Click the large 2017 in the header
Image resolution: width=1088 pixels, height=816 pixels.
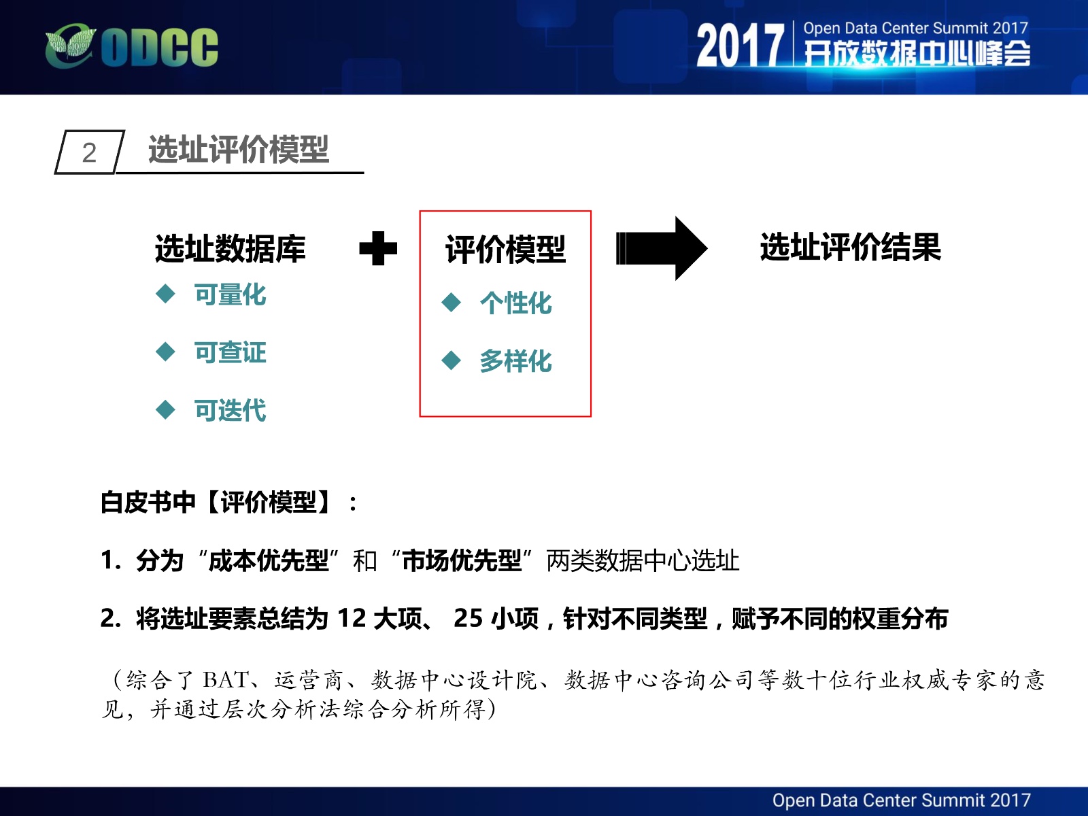[740, 46]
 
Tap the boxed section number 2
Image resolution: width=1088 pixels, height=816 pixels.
[89, 152]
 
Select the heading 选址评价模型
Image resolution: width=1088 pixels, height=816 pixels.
[239, 149]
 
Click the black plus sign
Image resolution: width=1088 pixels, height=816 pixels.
[378, 248]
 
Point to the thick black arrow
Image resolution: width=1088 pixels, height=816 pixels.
[662, 248]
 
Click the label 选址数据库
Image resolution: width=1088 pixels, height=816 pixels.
[230, 248]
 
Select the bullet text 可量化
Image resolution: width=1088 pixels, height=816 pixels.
[230, 294]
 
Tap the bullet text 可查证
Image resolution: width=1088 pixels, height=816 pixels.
[230, 352]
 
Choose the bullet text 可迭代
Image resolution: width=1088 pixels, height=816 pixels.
[230, 410]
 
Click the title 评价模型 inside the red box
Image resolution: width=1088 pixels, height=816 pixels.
[505, 249]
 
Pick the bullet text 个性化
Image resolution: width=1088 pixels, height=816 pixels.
[515, 303]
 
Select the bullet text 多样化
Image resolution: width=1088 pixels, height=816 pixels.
[515, 360]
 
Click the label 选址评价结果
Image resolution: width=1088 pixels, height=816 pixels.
[851, 247]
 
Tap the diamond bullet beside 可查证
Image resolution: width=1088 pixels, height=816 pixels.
[165, 352]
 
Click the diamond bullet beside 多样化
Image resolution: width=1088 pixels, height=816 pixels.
[451, 360]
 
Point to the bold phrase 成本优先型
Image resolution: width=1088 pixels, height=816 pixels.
[268, 561]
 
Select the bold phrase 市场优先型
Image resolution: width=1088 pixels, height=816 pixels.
[462, 561]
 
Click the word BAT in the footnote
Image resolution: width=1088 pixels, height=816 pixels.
[226, 680]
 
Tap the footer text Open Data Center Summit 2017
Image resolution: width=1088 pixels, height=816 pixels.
[901, 800]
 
